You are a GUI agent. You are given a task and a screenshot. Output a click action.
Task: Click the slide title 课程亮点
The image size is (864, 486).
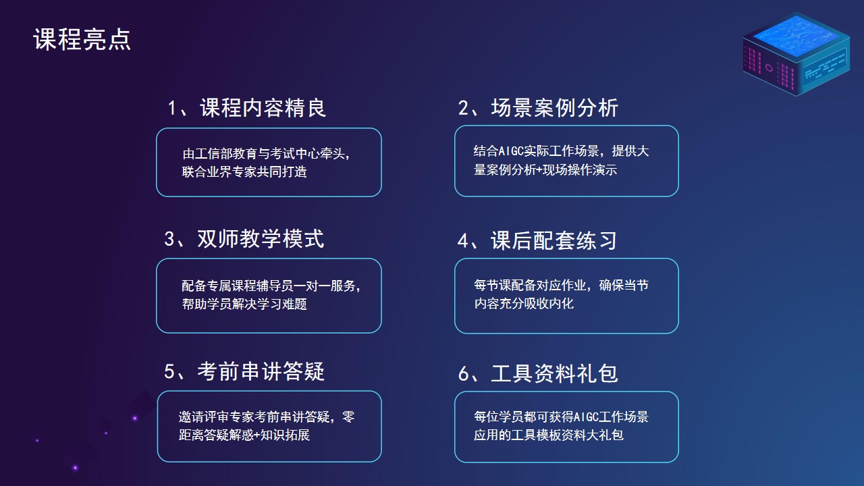tap(82, 39)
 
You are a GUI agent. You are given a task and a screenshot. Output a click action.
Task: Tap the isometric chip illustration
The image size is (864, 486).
tap(796, 54)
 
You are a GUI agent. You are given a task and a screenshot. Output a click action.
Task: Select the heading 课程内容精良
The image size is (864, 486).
tap(263, 107)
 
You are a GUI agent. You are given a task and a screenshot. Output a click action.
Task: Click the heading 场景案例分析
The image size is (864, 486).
tap(555, 107)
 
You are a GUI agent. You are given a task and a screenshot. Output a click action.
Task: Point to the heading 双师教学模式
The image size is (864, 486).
tap(261, 239)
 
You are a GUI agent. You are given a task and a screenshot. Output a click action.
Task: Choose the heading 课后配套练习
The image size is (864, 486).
tap(554, 241)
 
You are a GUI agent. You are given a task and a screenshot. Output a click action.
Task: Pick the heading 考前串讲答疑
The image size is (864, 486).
tap(261, 371)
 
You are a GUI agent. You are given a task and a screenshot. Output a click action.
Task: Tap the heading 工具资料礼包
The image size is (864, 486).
tap(555, 373)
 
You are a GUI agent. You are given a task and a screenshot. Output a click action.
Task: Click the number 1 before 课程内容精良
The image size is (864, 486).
tap(172, 108)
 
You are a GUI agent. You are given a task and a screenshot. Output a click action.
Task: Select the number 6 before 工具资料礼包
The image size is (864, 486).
tap(463, 374)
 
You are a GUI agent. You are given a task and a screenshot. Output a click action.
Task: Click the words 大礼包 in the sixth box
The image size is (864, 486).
tap(605, 435)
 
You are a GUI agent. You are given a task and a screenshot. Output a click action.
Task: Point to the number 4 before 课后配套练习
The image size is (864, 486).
tap(463, 241)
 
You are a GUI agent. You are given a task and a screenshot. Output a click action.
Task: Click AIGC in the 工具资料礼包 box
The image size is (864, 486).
tap(587, 417)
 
